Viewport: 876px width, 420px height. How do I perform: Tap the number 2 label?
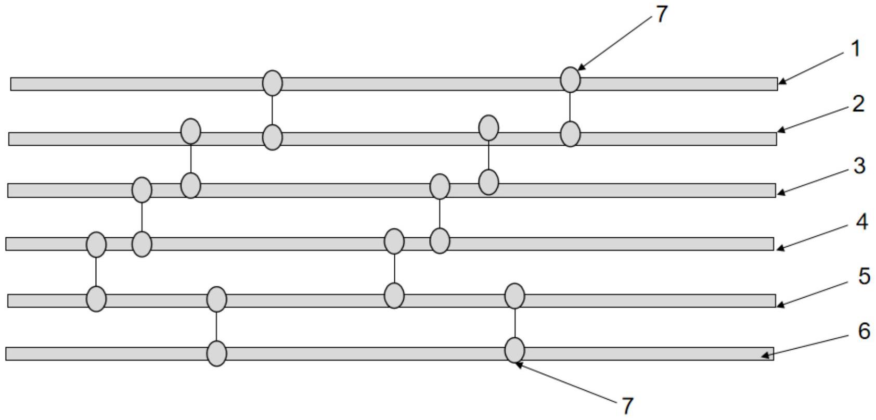(858, 104)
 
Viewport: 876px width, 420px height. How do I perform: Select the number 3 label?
(859, 166)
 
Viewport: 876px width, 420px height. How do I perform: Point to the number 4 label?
(861, 222)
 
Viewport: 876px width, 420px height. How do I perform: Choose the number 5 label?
(864, 276)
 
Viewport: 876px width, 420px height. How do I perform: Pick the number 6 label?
(864, 331)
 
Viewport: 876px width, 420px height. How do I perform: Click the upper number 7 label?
(661, 15)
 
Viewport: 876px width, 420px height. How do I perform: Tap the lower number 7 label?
(627, 406)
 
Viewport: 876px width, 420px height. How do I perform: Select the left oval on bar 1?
(272, 83)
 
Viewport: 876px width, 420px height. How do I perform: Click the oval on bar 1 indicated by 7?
(570, 80)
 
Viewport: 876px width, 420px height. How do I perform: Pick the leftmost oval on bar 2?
(190, 131)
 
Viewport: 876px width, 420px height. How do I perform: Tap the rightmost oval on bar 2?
(570, 134)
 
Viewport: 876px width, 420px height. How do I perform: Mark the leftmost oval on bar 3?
(142, 189)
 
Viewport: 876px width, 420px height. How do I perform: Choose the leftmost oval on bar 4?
(96, 245)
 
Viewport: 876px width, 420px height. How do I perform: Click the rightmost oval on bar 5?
(514, 297)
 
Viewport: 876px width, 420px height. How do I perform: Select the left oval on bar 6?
(216, 353)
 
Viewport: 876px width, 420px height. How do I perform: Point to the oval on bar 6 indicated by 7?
(514, 350)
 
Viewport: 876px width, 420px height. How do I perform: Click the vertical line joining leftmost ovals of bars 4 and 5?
(96, 272)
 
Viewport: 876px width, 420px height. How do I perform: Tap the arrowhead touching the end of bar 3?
(779, 193)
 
